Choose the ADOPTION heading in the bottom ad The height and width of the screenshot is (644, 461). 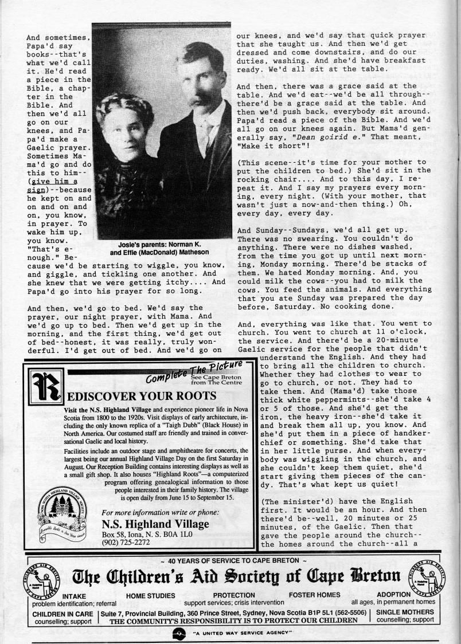pyautogui.click(x=393, y=595)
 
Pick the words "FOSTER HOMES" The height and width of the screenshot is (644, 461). pyautogui.click(x=314, y=595)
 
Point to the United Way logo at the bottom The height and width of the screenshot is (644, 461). pyautogui.click(x=178, y=633)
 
